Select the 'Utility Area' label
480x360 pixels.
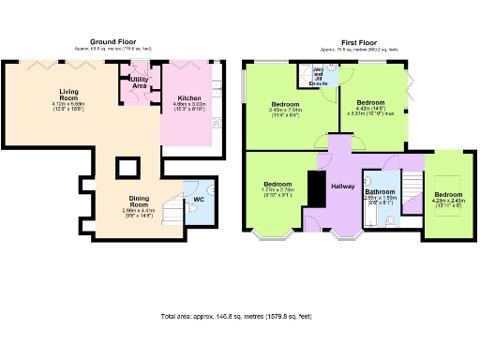(139, 83)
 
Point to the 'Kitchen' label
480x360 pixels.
(187, 96)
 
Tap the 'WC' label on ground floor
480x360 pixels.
(199, 199)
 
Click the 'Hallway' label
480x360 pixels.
(341, 187)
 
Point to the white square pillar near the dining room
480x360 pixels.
(127, 168)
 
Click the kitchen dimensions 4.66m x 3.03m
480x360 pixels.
(187, 105)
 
